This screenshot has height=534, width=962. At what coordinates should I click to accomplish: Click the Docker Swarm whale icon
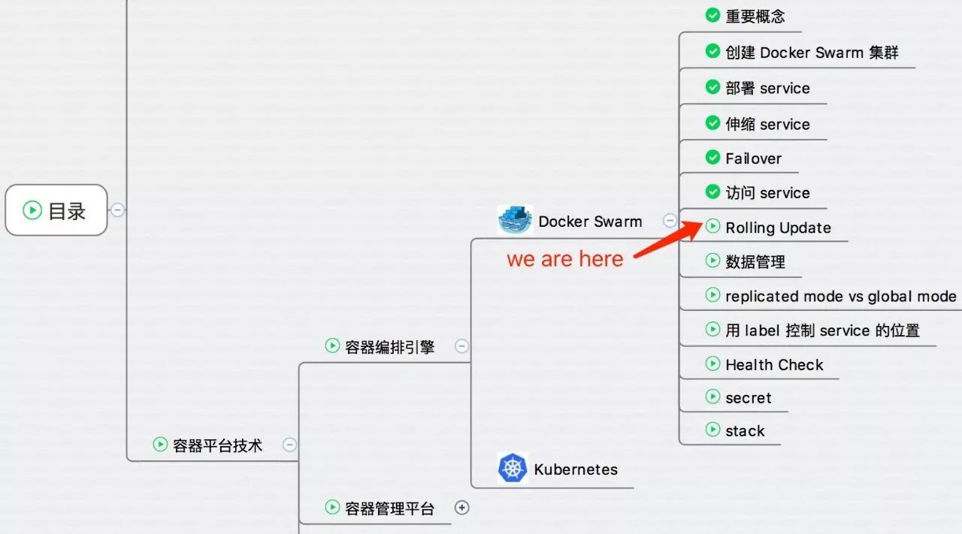coord(515,220)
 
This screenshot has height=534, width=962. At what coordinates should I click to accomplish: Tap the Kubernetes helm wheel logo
coord(513,468)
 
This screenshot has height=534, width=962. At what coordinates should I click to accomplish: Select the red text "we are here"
coord(564,259)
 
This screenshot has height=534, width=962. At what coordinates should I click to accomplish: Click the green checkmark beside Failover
coord(712,158)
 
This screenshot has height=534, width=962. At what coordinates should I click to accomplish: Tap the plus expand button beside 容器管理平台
coord(461,508)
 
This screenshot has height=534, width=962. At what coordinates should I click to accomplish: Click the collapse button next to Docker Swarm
coord(670,221)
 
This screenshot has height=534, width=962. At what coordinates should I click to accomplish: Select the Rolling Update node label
coord(778,228)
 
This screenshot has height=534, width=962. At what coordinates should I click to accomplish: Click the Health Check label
coord(774,365)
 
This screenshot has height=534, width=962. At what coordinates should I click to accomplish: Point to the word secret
coord(748,398)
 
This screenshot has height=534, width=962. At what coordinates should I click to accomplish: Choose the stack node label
coord(745,431)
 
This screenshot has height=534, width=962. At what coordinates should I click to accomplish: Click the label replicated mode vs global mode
coord(841,296)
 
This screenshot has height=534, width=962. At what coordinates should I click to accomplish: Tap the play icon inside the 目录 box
coord(32,210)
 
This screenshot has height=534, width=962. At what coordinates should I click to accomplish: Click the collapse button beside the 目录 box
coord(118,210)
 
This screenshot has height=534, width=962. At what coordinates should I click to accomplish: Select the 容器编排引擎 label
coord(390,347)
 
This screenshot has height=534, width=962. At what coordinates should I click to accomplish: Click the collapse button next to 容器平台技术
coord(289,445)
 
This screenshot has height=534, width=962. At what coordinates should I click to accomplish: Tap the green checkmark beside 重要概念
coord(712,15)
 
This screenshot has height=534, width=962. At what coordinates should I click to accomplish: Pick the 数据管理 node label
coord(755,262)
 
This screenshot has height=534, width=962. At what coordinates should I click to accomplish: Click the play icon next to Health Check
coord(712,364)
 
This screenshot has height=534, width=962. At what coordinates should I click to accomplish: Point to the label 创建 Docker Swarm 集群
coord(812,53)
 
